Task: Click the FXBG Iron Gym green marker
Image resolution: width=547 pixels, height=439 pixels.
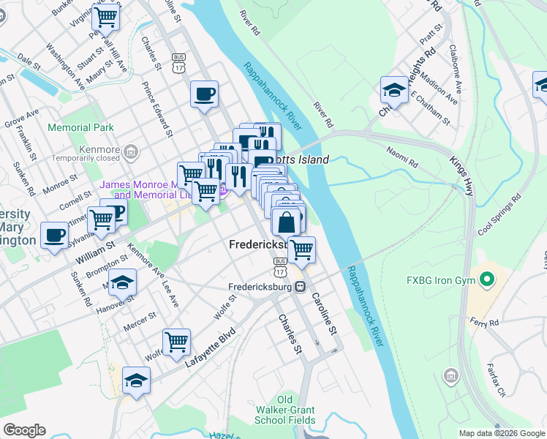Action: pyautogui.click(x=484, y=279)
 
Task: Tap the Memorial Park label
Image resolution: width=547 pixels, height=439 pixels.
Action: pyautogui.click(x=80, y=127)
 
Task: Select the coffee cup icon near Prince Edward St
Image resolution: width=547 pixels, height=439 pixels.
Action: pyautogui.click(x=204, y=94)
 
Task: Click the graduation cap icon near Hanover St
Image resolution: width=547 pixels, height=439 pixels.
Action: pyautogui.click(x=124, y=282)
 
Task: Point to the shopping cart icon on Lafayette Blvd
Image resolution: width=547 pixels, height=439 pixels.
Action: pyautogui.click(x=176, y=342)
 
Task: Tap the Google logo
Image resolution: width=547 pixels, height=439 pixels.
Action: pyautogui.click(x=24, y=430)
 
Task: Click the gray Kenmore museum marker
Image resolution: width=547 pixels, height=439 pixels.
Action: pyautogui.click(x=131, y=152)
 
